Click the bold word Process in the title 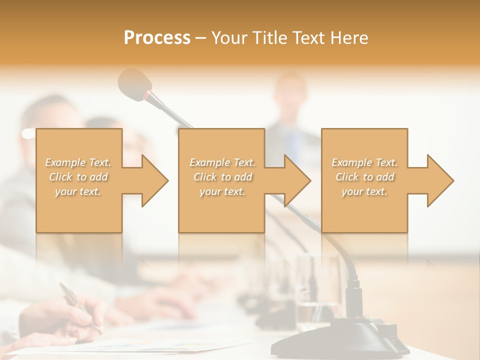[x=157, y=38]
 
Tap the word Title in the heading [x=269, y=38]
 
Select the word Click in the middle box [x=205, y=177]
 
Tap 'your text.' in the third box [x=364, y=191]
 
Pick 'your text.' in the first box [x=78, y=191]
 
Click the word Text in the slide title [x=306, y=38]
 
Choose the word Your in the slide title [x=229, y=38]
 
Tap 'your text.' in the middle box [x=222, y=191]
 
